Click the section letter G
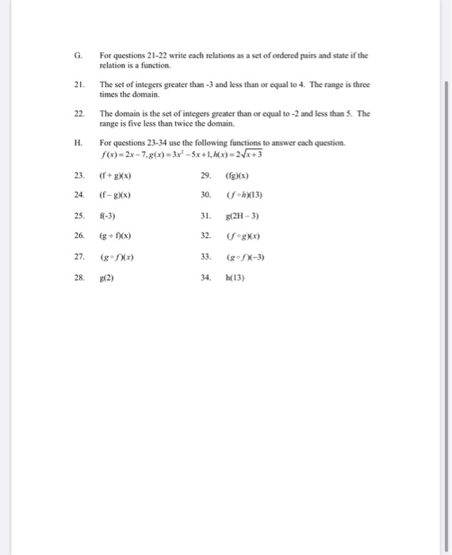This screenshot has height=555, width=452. click(x=77, y=55)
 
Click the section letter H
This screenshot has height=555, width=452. click(x=78, y=143)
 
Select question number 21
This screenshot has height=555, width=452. click(x=79, y=84)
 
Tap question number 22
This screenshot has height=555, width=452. click(x=79, y=113)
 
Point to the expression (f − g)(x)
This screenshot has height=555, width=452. click(x=115, y=194)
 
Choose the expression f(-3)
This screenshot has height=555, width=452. click(x=107, y=215)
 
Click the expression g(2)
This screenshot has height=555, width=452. click(x=106, y=278)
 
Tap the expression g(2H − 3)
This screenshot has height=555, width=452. click(x=243, y=215)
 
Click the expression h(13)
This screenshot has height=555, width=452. click(x=236, y=278)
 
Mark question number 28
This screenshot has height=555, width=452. click(x=79, y=278)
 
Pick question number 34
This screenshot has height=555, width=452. click(x=205, y=278)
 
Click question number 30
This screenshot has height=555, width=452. click(x=205, y=194)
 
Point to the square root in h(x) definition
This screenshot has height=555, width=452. click(x=251, y=154)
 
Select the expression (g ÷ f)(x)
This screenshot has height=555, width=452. click(x=115, y=236)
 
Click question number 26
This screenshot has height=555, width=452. click(x=79, y=236)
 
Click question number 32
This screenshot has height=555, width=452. click(x=205, y=236)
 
